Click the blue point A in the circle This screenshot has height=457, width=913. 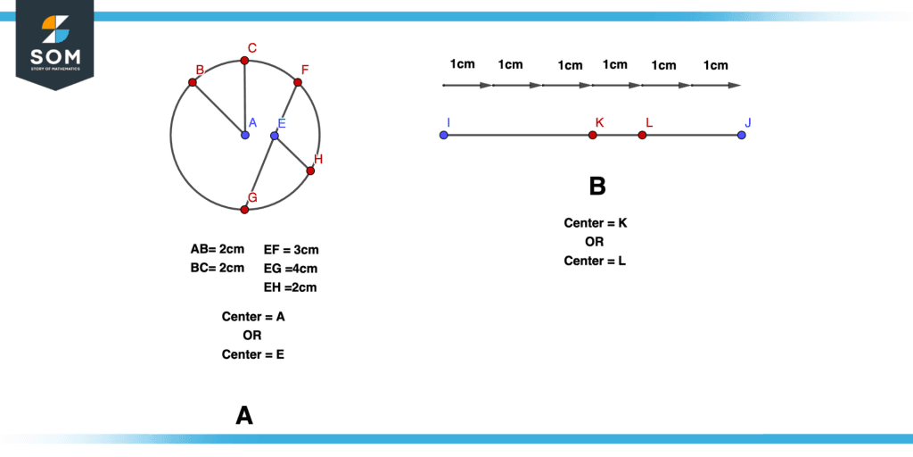coord(245,136)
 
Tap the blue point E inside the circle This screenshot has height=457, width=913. coord(275,136)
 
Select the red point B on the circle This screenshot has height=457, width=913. coord(193,83)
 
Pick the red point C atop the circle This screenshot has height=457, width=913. coord(244,60)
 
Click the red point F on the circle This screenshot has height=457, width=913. coord(298,83)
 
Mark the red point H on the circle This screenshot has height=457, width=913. coord(310,170)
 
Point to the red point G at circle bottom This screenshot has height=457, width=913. coord(244,209)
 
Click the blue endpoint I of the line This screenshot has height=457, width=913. coord(444,136)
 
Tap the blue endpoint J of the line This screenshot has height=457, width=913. coord(741,136)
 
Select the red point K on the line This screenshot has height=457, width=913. coord(593,136)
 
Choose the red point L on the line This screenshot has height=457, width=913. coord(642,136)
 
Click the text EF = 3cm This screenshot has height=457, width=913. coord(292,250)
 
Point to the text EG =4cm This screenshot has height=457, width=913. coord(291,269)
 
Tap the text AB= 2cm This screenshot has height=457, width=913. coord(218,250)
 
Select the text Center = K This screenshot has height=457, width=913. coord(595,222)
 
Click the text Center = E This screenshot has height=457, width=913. coord(253,353)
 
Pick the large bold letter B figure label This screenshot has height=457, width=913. coord(597,187)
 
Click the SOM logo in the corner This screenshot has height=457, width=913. coord(55,43)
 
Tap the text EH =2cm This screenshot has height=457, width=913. coord(290,287)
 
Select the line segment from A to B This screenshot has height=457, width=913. coord(219,109)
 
